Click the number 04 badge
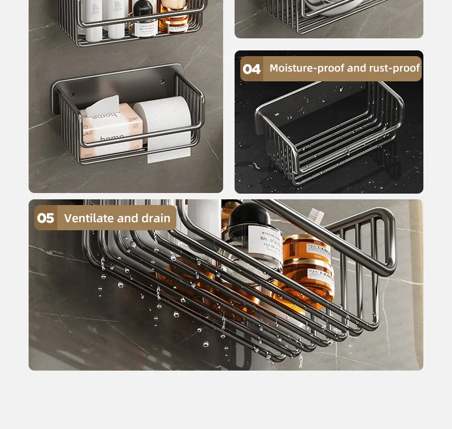[x=251, y=69]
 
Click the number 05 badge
[x=46, y=218]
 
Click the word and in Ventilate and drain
[x=128, y=218]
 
